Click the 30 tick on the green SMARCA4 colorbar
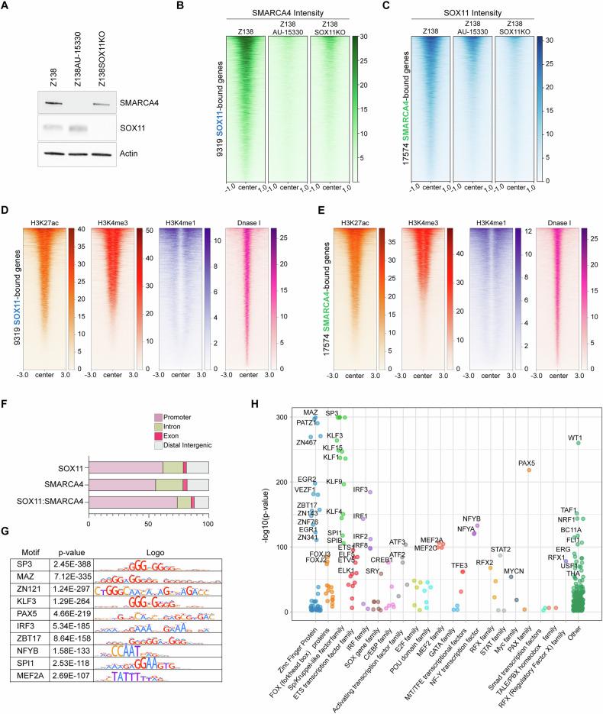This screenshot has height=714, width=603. [295, 36]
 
